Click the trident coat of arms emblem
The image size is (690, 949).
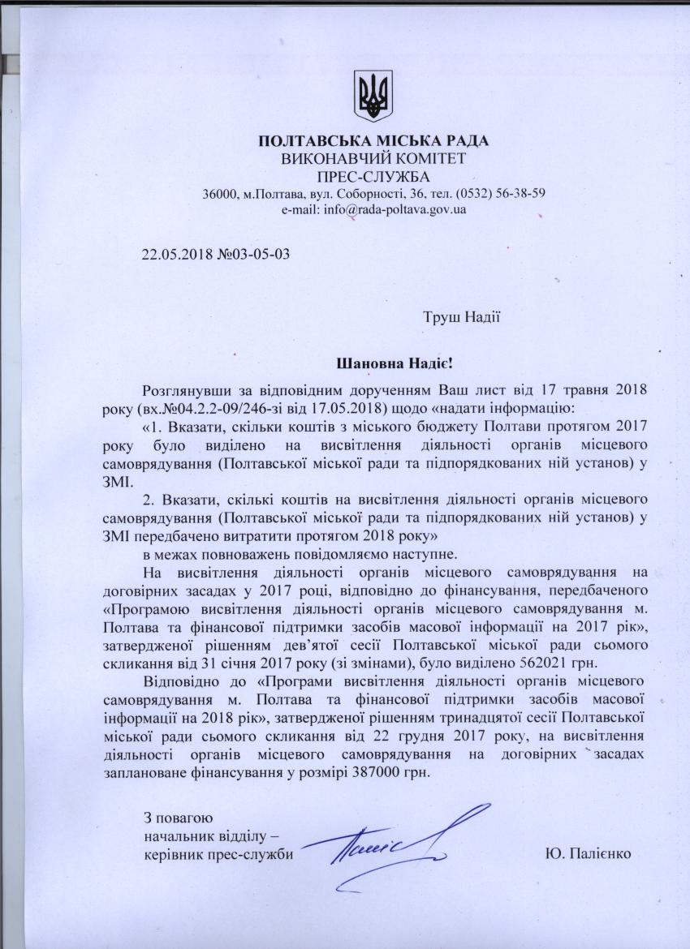373,94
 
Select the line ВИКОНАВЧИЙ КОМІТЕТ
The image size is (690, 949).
373,160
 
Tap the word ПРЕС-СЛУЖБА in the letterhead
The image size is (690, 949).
373,177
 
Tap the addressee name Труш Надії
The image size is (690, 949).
460,316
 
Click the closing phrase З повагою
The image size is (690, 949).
178,817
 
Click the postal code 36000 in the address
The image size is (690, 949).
219,194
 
